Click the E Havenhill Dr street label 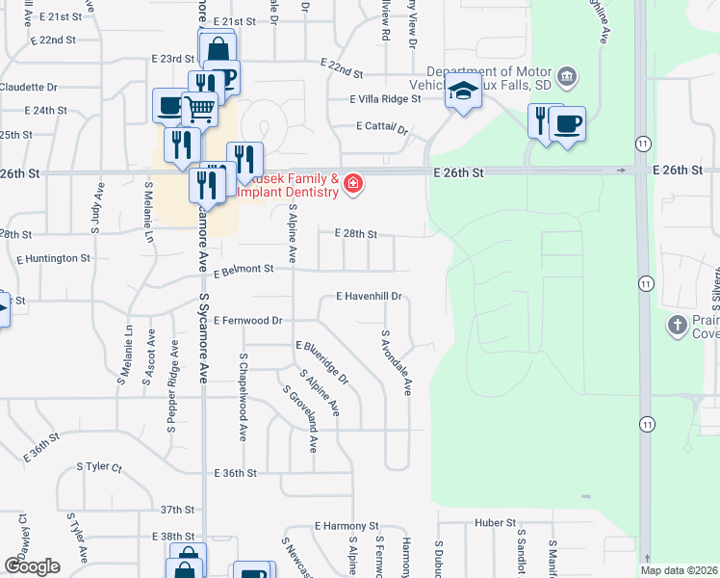[369, 297]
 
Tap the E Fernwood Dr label [248, 320]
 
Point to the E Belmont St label [240, 273]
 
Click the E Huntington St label [53, 258]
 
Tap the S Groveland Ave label [300, 419]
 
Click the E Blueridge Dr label [322, 362]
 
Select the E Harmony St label [347, 527]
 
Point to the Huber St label [496, 523]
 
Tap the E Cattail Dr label [382, 127]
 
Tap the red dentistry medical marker [353, 183]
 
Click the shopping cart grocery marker [199, 110]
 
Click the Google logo [32, 566]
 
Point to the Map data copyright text [678, 570]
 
